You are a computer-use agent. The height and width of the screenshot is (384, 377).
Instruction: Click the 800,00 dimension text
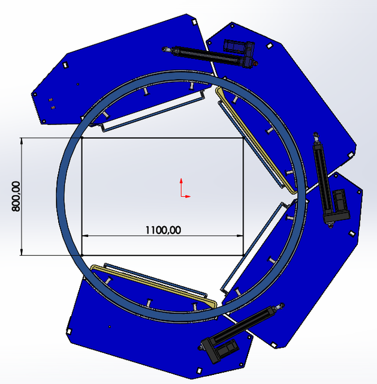(x=16, y=196)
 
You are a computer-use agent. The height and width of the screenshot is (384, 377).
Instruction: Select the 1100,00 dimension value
(x=162, y=229)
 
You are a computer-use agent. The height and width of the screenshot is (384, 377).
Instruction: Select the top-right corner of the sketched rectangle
(x=243, y=138)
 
